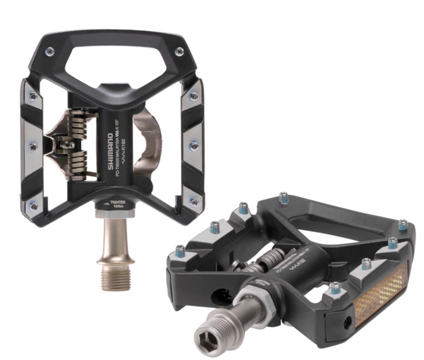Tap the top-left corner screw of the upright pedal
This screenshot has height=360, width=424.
(50, 51)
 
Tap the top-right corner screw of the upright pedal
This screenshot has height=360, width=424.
(180, 51)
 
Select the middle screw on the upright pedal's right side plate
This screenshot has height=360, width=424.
(195, 145)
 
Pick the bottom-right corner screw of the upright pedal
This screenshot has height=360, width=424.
(194, 202)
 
